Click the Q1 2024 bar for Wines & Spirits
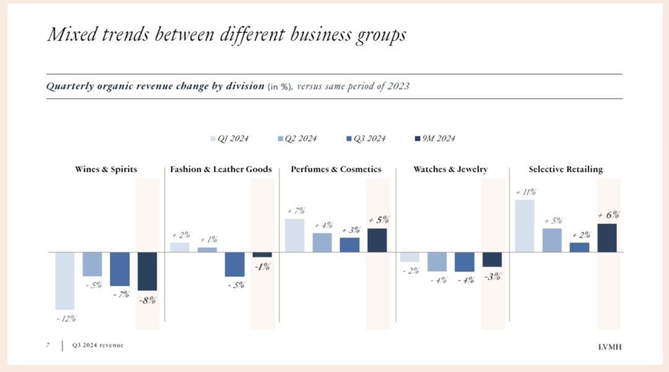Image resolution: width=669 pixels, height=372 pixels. click(64, 280)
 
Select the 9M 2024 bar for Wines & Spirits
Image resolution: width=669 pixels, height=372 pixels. click(147, 271)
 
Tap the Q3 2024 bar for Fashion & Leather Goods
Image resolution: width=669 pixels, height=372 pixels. click(235, 264)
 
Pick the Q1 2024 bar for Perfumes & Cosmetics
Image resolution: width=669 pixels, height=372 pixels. click(294, 236)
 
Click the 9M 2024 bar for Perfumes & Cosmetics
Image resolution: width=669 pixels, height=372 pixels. click(377, 240)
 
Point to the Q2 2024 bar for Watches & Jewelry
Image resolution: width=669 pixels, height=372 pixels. click(437, 262)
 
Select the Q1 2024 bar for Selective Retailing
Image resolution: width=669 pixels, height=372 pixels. click(524, 226)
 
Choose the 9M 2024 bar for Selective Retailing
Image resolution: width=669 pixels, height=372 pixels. click(606, 238)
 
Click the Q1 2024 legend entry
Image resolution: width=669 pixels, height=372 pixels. click(230, 138)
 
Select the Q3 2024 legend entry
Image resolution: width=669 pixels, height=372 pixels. click(366, 138)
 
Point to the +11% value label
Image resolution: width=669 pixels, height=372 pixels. click(525, 192)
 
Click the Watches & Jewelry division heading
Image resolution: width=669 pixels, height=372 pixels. click(450, 169)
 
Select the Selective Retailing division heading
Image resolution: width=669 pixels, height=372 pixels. click(566, 169)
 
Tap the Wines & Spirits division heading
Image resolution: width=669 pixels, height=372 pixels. click(106, 169)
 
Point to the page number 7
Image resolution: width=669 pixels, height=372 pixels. click(48, 345)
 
